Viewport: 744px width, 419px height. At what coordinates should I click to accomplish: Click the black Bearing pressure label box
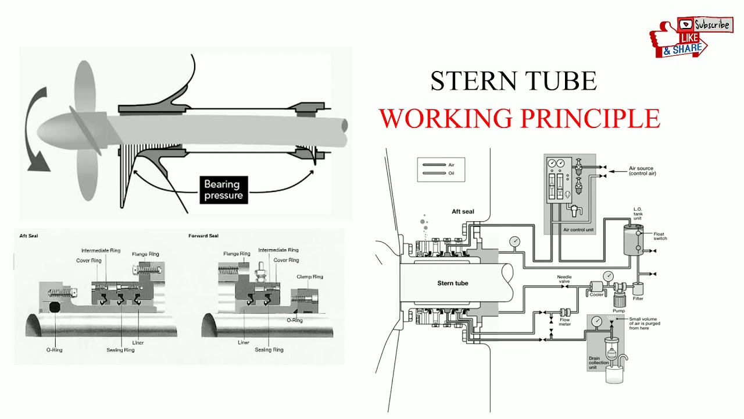[x=224, y=190]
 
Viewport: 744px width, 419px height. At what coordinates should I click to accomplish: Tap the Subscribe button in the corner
[x=705, y=24]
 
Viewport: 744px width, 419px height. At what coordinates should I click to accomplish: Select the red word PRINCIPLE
[x=590, y=118]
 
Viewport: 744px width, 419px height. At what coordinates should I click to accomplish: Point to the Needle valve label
[x=564, y=279]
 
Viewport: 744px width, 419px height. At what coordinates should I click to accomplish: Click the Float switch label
[x=660, y=236]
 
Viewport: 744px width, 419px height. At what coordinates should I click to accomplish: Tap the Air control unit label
[x=578, y=229]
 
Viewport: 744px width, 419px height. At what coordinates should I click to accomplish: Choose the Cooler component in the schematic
[x=596, y=288]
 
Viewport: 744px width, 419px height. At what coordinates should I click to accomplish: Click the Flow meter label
[x=564, y=322]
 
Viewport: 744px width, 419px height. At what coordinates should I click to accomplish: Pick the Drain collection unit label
[x=599, y=363]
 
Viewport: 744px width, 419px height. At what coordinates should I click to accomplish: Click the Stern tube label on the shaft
[x=453, y=283]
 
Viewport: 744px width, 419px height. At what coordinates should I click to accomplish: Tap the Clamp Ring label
[x=310, y=276]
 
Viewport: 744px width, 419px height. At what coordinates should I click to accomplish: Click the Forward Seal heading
[x=203, y=236]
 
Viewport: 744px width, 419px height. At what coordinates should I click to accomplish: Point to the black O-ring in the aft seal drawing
[x=55, y=307]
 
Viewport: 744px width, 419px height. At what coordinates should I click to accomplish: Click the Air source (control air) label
[x=642, y=171]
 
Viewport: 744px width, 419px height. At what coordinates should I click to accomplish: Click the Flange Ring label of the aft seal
[x=145, y=254]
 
